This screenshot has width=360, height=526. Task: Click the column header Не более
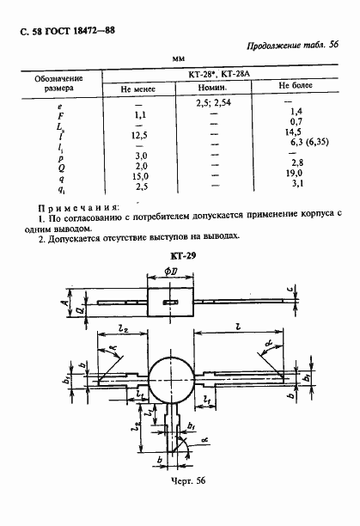point(294,88)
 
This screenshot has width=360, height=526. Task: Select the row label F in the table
point(60,114)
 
